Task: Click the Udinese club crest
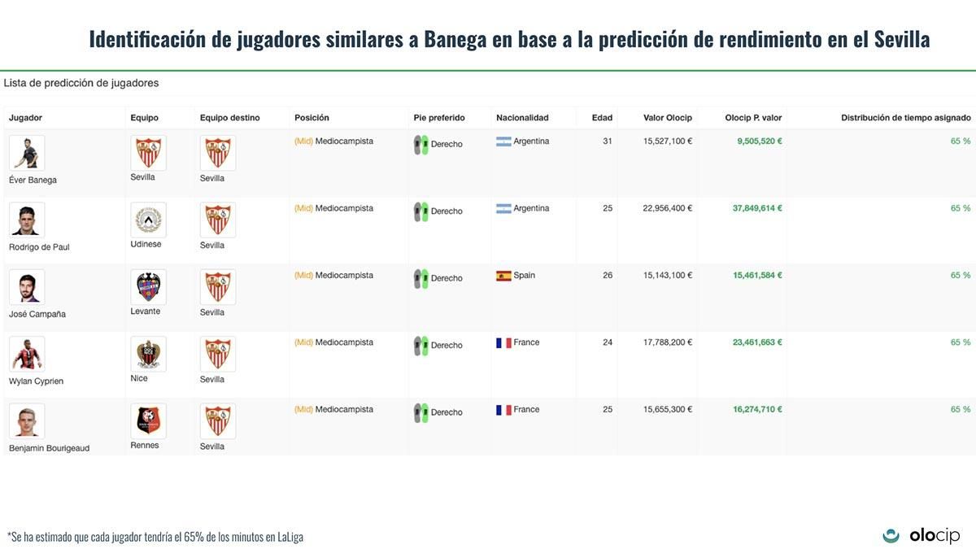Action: [148, 220]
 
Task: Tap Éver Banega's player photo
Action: [27, 153]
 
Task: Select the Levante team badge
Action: [148, 287]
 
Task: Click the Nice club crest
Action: [148, 354]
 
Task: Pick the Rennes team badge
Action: [148, 420]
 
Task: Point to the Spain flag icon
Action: [503, 276]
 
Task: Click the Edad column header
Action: [602, 118]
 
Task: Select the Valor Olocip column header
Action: [667, 118]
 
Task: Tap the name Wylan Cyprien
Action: [36, 381]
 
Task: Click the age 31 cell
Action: [607, 142]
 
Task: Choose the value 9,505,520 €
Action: [760, 142]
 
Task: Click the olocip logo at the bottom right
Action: [922, 535]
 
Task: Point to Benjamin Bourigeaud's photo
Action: [27, 420]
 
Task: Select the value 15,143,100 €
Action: [667, 276]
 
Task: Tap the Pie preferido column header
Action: [439, 118]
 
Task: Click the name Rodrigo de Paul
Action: [39, 247]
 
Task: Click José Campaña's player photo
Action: [27, 287]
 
